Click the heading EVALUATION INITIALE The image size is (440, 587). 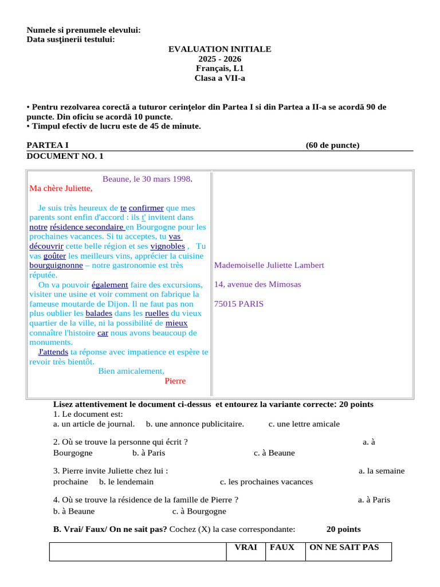219,49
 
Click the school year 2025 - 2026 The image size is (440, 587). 219,59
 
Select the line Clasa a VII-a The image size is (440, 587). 219,78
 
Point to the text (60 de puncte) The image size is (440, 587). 332,145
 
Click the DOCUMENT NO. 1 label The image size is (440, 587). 65,155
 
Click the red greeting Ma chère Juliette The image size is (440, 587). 61,188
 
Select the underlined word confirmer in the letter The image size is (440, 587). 146,208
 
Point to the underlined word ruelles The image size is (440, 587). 156,314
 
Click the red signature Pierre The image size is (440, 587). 175,381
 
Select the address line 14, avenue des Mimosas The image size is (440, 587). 257,284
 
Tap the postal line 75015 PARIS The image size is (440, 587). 239,304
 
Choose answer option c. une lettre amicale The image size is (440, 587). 304,424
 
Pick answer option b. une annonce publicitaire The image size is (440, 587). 195,424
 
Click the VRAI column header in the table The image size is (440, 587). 246,547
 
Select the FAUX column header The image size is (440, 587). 282,547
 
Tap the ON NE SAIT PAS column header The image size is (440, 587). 344,547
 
